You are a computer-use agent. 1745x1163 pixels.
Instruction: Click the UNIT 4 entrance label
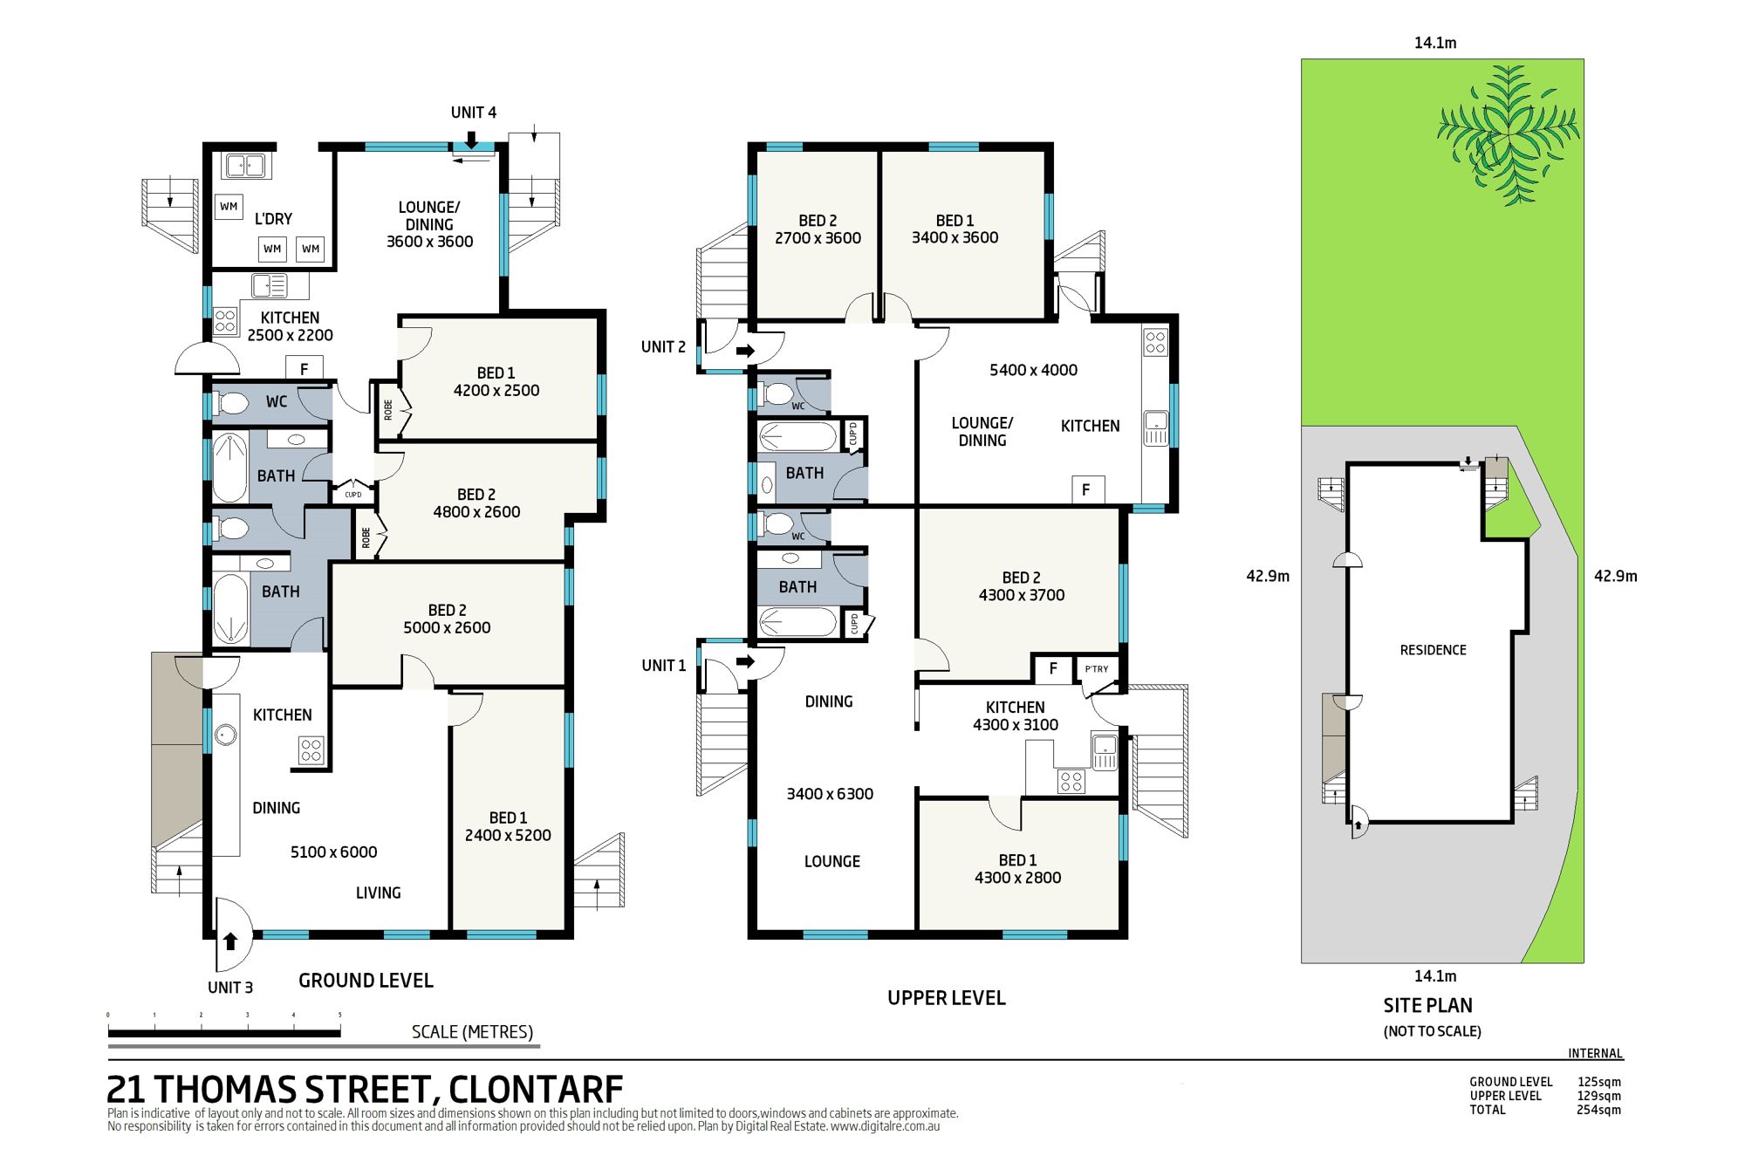[x=474, y=113]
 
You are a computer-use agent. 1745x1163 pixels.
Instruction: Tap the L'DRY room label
[x=273, y=219]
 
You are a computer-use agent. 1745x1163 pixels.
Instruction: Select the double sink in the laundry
[x=244, y=165]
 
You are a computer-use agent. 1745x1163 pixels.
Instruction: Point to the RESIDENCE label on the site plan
[x=1433, y=650]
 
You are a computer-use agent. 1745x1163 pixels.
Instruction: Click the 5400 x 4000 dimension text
[x=1033, y=370]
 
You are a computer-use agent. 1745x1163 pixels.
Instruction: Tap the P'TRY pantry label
[x=1097, y=669]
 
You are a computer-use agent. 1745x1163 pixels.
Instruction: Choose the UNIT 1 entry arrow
[x=745, y=662]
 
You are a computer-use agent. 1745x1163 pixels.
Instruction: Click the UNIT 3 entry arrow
[x=230, y=941]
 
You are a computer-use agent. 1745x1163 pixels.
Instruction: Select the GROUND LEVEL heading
[x=366, y=981]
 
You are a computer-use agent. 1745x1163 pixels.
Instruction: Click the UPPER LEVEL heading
[x=947, y=998]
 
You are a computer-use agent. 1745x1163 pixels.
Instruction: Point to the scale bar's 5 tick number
[x=340, y=1016]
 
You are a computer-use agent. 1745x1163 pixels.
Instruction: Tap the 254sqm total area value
[x=1599, y=1110]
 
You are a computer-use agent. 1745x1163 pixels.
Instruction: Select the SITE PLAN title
[x=1428, y=1005]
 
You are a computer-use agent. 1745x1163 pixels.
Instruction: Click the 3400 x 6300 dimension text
[x=830, y=794]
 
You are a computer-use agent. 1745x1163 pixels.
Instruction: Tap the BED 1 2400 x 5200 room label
[x=508, y=826]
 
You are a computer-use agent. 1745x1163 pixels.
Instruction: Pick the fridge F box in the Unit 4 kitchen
[x=305, y=368]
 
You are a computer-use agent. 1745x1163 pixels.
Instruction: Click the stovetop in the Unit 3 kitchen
[x=311, y=750]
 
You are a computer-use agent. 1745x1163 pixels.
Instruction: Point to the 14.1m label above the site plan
[x=1435, y=43]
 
